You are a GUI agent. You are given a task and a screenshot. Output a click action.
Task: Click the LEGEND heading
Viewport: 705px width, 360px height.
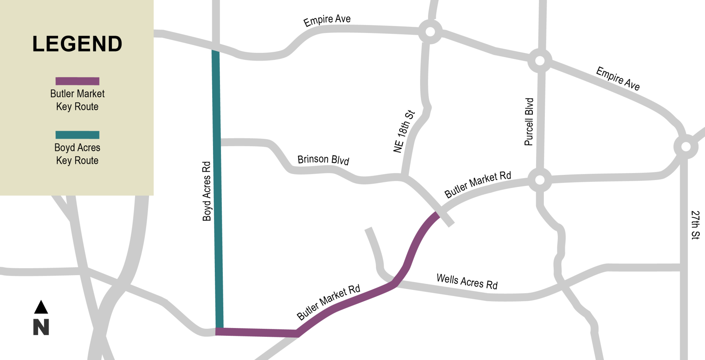pos(77,44)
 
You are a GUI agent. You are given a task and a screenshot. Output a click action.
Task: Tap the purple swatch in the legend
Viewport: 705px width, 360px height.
pos(77,81)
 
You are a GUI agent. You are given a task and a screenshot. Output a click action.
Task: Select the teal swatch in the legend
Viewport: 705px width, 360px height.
pos(77,135)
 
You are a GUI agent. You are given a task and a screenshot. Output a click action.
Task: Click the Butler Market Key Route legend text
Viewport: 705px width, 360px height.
pos(77,100)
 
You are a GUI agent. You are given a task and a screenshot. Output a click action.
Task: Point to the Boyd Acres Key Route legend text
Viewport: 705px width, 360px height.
pos(77,154)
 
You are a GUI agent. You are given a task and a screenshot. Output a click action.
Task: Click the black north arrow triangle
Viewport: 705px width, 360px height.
pos(41,308)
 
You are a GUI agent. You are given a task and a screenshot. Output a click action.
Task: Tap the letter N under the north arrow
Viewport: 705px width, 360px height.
pos(41,327)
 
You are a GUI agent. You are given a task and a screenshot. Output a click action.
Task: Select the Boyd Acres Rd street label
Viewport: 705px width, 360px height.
pos(207,191)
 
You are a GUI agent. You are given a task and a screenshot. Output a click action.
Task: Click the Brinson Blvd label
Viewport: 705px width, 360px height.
pos(323,159)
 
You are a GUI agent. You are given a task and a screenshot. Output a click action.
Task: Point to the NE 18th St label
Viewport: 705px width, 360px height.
pos(404,131)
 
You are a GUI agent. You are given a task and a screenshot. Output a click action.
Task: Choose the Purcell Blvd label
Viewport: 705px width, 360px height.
pos(529,122)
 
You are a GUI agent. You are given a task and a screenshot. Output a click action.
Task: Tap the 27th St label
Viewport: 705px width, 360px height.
pos(695,225)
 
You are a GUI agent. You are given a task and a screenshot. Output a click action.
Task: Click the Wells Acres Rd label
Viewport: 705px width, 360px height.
pos(467,281)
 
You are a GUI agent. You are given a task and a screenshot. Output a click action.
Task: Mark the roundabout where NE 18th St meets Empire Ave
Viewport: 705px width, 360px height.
pos(430,32)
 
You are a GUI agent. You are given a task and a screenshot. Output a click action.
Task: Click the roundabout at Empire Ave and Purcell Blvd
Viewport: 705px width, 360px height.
pos(539,61)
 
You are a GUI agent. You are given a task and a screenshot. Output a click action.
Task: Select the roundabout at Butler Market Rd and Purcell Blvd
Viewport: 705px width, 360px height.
pos(539,180)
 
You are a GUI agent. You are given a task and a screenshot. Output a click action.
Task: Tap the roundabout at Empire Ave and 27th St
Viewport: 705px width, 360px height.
pos(686,147)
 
